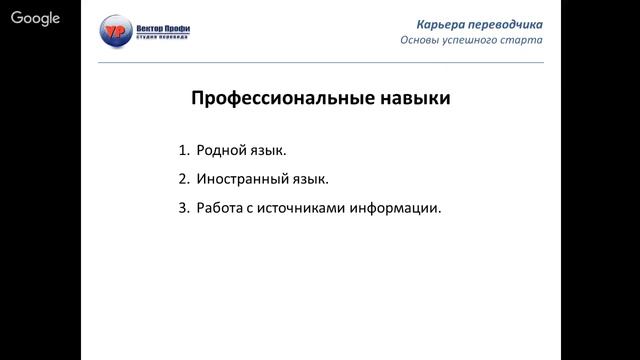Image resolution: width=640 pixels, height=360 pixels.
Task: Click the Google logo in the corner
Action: [x=35, y=18]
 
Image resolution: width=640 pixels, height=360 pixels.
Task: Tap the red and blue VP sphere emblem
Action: [x=117, y=34]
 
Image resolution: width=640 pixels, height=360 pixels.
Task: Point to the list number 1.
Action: [x=183, y=151]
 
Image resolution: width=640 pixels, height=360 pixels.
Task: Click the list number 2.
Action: [x=183, y=180]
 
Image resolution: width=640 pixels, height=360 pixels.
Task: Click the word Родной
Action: [x=222, y=151]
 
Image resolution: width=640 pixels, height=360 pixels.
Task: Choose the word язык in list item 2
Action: [x=307, y=181]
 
